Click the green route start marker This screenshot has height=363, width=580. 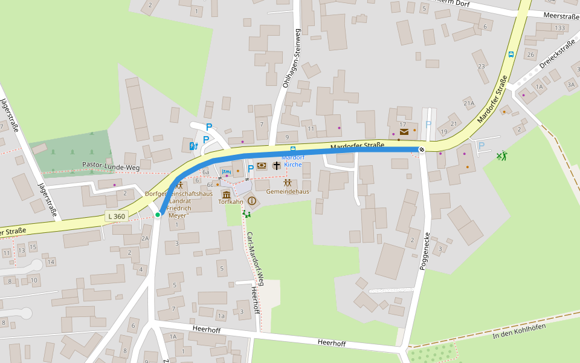158,214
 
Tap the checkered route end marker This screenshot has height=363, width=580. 422,149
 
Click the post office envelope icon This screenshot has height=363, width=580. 404,131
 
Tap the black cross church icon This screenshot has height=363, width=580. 277,165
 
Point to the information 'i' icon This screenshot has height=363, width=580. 252,201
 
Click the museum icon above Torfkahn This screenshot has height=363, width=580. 227,194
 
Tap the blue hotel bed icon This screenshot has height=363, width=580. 227,172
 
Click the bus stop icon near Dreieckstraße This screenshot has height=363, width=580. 511,54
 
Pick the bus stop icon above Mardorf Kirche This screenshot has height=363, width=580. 293,149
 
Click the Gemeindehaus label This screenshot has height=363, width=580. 288,191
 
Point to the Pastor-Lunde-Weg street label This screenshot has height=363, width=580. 111,165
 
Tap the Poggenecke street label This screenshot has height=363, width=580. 424,251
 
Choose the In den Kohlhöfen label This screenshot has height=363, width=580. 519,331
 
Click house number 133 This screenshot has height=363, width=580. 559,28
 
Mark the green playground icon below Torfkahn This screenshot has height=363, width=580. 246,213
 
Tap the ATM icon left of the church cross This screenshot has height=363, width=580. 262,166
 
